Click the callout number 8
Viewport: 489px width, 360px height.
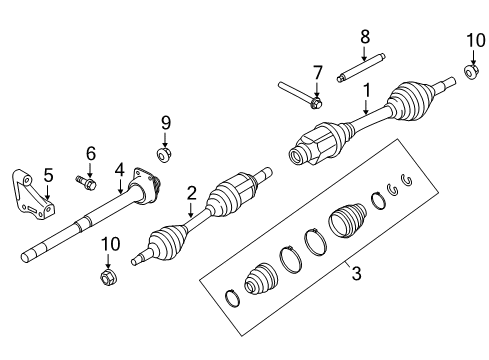(x=365, y=37)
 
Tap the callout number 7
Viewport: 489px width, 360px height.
(x=317, y=73)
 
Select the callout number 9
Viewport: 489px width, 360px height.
(x=166, y=123)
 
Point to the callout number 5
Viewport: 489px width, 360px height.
(x=48, y=175)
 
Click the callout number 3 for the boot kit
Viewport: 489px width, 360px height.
(x=356, y=273)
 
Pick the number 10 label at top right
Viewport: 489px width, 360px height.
(x=476, y=40)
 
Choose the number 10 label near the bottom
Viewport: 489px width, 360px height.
(x=110, y=244)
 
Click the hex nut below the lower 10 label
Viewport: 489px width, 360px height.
(x=108, y=277)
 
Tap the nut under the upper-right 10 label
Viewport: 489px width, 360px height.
(x=471, y=72)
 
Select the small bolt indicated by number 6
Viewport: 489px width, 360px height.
(x=85, y=182)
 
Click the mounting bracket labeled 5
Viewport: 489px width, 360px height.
(x=33, y=195)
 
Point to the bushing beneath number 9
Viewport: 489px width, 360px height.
(x=164, y=155)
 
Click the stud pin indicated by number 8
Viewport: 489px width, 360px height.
(x=361, y=68)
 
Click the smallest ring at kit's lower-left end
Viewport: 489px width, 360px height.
(x=232, y=298)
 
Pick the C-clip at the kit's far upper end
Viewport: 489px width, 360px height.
(x=407, y=180)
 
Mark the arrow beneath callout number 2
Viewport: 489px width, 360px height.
(x=190, y=209)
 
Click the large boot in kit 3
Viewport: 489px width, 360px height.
(x=348, y=220)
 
